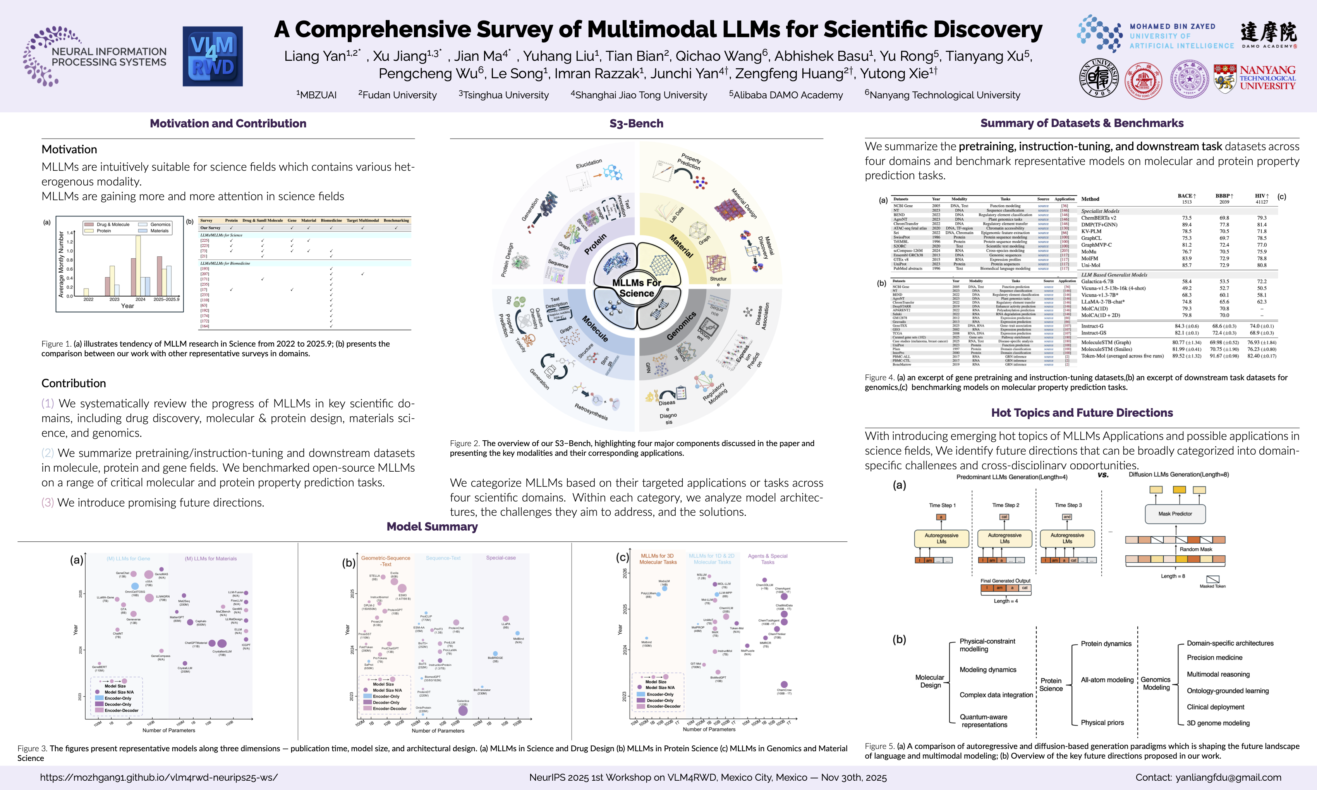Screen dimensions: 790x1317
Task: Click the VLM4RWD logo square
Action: coord(213,57)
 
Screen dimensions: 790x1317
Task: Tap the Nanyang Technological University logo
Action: coord(1254,78)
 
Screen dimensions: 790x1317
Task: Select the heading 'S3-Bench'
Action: coord(636,124)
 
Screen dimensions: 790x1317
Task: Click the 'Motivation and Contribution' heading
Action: coord(228,124)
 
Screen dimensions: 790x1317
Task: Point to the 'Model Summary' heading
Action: coord(432,527)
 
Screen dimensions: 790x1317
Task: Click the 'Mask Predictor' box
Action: coord(1175,514)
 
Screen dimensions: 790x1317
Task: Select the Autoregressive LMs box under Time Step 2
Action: coord(1004,538)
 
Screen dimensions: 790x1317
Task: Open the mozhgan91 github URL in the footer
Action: coord(159,777)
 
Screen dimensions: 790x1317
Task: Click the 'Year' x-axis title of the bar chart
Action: coord(127,306)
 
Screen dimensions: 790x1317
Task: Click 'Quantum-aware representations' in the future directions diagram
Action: coord(984,721)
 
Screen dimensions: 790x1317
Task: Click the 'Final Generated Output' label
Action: coord(1005,581)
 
